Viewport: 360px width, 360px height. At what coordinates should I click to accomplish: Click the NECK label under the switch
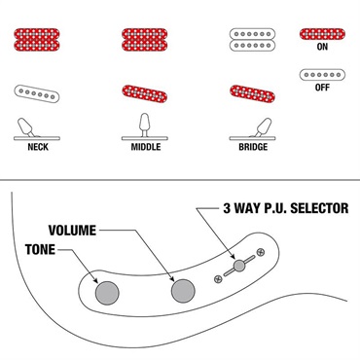click(38, 147)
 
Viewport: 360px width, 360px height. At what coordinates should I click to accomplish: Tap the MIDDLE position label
click(146, 147)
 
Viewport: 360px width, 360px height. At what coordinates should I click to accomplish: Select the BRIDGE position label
click(253, 147)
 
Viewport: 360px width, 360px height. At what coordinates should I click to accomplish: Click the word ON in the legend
click(322, 47)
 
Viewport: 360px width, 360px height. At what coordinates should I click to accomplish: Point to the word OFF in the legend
click(322, 88)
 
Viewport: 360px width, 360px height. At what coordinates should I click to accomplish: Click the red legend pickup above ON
click(322, 34)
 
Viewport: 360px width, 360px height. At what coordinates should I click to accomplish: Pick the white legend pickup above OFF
click(322, 75)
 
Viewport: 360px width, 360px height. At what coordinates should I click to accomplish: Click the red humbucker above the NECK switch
click(37, 40)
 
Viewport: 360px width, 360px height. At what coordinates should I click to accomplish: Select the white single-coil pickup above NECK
click(37, 94)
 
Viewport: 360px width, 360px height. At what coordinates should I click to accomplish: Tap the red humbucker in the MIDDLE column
click(145, 40)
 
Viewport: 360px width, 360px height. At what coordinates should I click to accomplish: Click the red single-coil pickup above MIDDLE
click(145, 93)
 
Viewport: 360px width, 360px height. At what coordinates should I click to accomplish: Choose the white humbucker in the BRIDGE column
click(252, 40)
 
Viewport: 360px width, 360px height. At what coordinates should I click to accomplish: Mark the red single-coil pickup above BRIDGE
click(252, 93)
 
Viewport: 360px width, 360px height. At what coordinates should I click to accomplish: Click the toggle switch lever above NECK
click(26, 127)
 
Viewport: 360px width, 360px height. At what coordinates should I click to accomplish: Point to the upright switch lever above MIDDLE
click(144, 125)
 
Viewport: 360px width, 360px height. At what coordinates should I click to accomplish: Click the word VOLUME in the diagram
click(72, 231)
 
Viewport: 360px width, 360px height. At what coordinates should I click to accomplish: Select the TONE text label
click(40, 250)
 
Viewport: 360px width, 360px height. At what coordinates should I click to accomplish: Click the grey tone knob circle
click(107, 293)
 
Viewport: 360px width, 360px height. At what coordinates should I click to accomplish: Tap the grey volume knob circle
click(183, 291)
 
